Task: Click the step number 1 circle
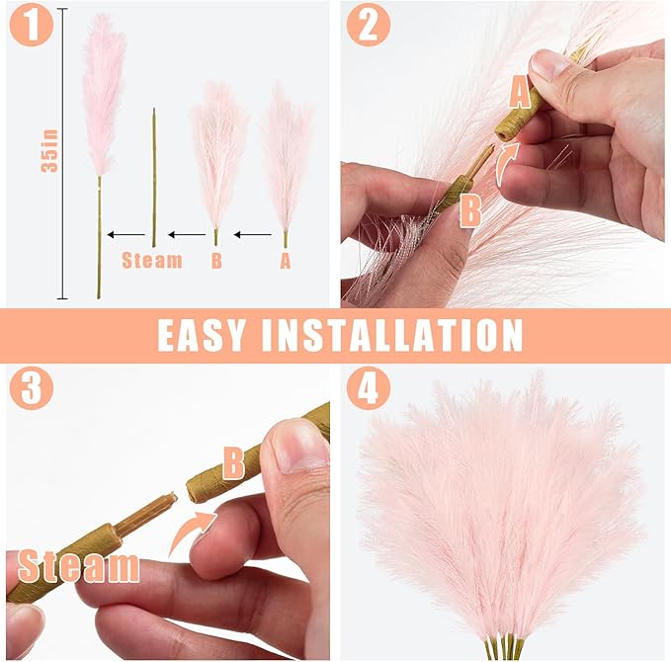[31, 25]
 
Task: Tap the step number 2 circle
[368, 25]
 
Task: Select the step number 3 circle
[31, 389]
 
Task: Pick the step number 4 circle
[368, 389]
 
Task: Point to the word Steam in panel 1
[152, 261]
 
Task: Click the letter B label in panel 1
[216, 261]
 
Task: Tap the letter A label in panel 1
[286, 261]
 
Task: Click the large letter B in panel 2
[469, 210]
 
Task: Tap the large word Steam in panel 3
[78, 566]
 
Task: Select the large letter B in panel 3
[233, 461]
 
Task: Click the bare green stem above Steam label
[154, 178]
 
